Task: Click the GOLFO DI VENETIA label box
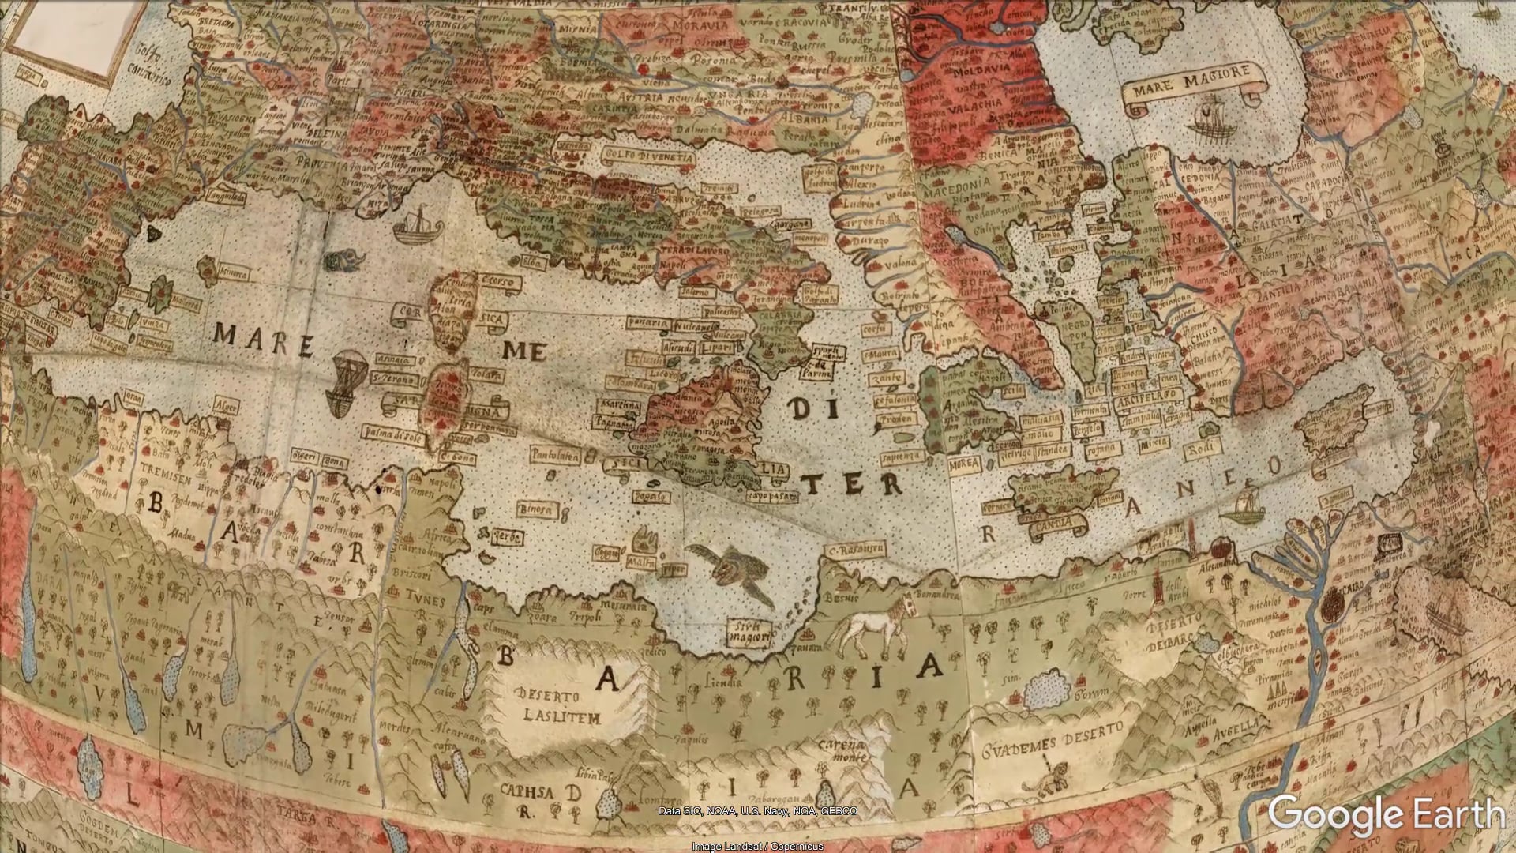point(649,157)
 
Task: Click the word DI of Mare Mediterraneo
point(809,409)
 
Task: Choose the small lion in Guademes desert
point(1045,779)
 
